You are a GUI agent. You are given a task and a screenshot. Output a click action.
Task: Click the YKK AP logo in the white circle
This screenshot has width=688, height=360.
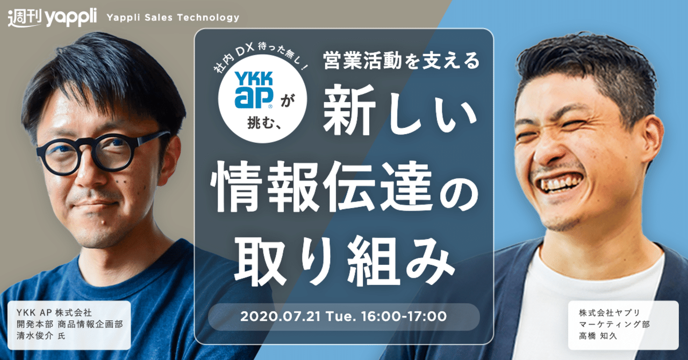click(254, 90)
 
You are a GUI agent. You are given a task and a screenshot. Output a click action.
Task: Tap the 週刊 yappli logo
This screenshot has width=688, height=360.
click(52, 18)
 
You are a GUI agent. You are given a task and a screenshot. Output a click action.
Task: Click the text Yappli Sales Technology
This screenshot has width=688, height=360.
click(173, 18)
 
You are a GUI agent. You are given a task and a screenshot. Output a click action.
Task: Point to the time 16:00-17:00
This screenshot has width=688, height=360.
click(404, 316)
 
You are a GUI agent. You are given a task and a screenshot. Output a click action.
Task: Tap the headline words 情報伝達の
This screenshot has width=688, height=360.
click(344, 188)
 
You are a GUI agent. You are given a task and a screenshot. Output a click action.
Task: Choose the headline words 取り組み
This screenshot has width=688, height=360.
click(345, 262)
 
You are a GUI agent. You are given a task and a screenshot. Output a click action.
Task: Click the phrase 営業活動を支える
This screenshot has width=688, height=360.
click(402, 60)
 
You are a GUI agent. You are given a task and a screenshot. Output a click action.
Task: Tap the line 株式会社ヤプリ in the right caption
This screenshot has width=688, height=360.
click(610, 313)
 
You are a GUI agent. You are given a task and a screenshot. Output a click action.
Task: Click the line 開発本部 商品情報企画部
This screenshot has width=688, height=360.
click(70, 324)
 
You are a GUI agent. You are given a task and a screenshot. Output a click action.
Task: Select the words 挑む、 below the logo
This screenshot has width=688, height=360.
click(264, 124)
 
